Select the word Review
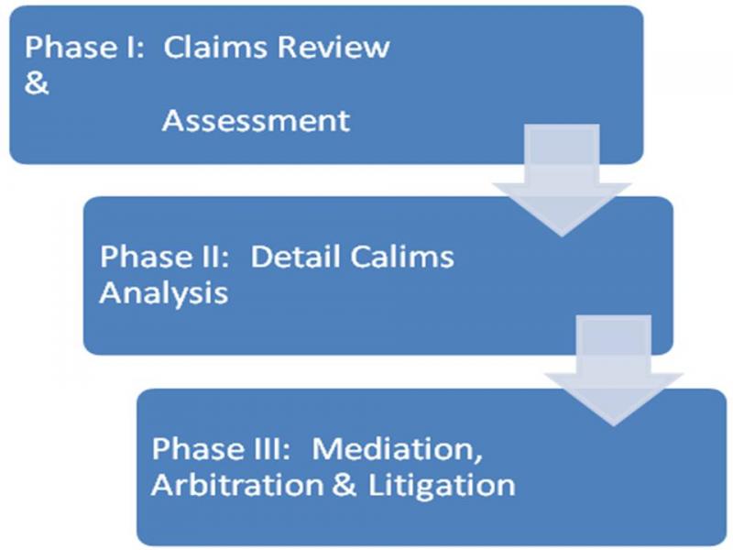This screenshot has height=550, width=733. point(333,47)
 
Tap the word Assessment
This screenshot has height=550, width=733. point(256,121)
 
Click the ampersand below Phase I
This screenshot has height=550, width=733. point(37,83)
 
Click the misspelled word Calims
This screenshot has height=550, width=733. point(402,257)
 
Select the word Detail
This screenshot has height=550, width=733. point(296,257)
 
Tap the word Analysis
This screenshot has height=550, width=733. point(164,294)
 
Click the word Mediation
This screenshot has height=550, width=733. point(394,448)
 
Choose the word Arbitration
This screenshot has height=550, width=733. point(237,485)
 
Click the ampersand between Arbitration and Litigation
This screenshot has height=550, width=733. point(345,485)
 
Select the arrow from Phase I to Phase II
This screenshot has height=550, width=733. point(562,180)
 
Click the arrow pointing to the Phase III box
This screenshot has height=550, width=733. point(613,370)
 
